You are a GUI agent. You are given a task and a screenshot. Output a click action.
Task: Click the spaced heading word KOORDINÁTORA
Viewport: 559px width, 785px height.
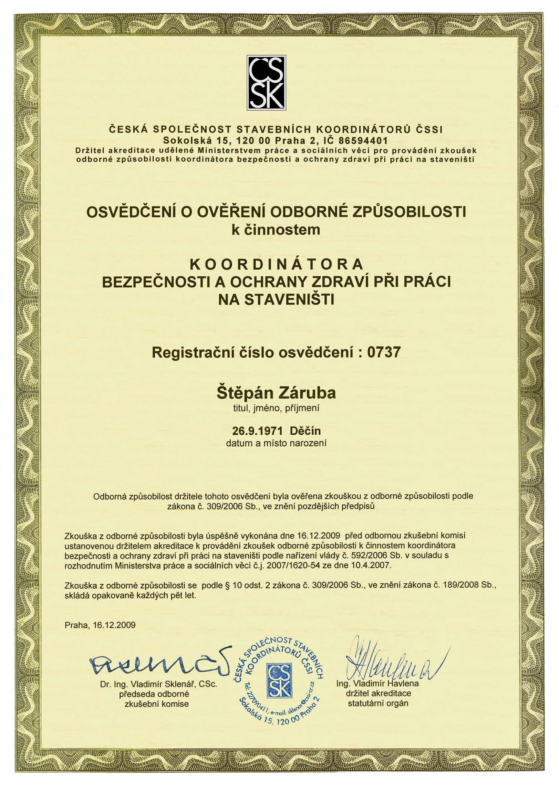click(277, 264)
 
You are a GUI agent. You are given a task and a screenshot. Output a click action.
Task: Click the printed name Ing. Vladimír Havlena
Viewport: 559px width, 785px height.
click(377, 683)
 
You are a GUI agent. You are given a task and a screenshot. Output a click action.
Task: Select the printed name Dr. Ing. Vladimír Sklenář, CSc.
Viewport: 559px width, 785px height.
click(159, 685)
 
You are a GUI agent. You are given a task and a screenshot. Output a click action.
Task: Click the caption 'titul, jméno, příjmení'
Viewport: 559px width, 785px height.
click(276, 409)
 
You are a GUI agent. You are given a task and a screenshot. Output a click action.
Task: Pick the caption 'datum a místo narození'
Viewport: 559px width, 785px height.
click(276, 443)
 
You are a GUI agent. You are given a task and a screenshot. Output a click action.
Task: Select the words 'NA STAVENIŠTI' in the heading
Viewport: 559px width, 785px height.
click(276, 299)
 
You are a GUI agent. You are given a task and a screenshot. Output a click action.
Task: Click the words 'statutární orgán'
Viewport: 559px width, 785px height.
click(378, 703)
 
